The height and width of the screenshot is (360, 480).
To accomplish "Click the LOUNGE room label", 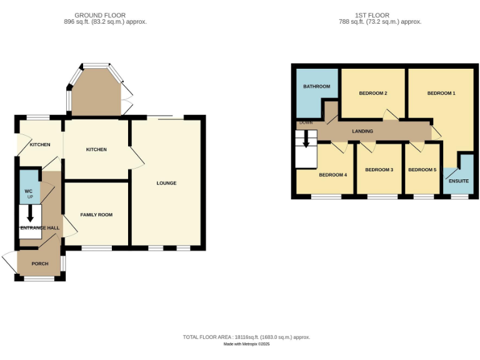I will (x=166, y=183).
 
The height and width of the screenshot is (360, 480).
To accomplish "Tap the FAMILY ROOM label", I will (x=96, y=215).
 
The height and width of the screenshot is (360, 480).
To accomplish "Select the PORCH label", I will (x=40, y=264).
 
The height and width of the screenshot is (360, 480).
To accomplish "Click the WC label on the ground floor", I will (x=28, y=191).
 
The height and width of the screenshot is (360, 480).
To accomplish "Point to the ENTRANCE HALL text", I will (x=40, y=228).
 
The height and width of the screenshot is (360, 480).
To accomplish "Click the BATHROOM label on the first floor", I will (x=316, y=86).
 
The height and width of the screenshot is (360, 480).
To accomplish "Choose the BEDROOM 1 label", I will (x=441, y=93).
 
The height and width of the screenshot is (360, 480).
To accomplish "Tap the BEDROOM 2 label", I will (x=373, y=93).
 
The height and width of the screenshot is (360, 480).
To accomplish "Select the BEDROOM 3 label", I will (x=379, y=169).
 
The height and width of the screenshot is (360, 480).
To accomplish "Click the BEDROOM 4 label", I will (x=332, y=175).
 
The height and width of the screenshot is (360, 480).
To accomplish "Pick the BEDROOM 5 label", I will (x=422, y=169).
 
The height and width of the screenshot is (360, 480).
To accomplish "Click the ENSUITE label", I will (x=458, y=181).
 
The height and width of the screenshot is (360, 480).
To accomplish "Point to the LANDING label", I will (x=362, y=131).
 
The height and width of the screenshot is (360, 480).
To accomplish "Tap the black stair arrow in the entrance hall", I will (x=29, y=214).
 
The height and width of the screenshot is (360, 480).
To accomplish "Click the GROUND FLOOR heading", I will (x=100, y=15).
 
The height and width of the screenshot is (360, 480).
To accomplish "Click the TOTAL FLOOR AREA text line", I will (x=246, y=337).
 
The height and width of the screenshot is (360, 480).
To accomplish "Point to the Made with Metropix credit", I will (x=246, y=344).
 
